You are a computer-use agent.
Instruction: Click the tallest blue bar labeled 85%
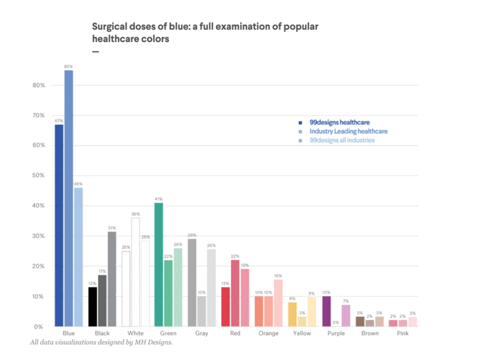click(68, 198)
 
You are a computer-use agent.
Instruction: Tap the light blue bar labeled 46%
click(78, 256)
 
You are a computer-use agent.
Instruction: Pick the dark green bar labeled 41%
click(159, 264)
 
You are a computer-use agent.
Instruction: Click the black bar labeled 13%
click(92, 306)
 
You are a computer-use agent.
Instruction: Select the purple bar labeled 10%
click(327, 311)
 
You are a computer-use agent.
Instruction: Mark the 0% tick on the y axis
click(40, 326)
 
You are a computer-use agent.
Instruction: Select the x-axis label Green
click(168, 332)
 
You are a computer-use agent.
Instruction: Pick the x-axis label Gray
click(201, 332)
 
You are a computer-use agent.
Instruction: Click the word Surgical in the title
click(111, 26)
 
